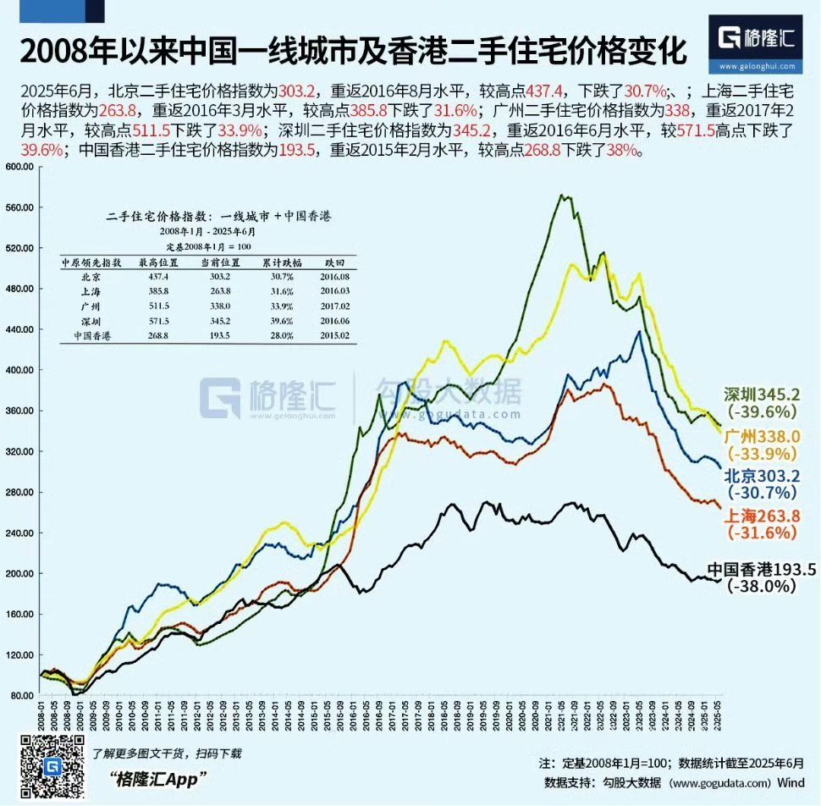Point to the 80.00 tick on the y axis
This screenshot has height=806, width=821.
(x=19, y=695)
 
